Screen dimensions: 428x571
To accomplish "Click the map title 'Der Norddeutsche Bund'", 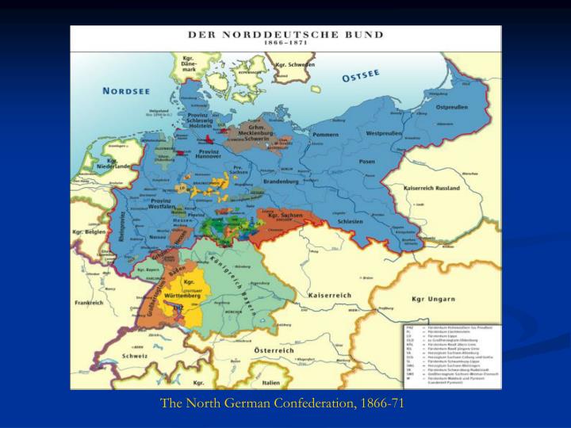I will click(286, 34).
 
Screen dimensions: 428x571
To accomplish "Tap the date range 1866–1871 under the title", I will click(286, 43).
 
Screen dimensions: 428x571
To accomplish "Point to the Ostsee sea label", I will click(361, 76).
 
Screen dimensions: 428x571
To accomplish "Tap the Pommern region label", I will click(325, 136).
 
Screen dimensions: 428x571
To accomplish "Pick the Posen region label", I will click(366, 161).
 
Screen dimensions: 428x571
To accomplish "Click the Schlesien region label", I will click(348, 222).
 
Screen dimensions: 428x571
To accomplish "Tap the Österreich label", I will click(273, 350).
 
